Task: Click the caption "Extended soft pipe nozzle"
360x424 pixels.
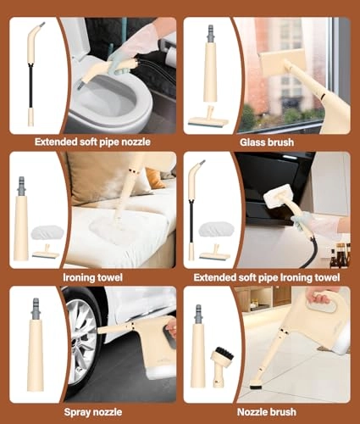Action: (92, 142)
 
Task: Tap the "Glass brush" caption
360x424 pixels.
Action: (267, 142)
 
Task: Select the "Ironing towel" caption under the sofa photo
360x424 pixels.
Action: (93, 277)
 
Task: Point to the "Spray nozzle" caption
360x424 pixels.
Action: (93, 412)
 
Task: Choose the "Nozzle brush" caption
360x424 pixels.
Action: (267, 412)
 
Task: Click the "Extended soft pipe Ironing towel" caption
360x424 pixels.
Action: (267, 277)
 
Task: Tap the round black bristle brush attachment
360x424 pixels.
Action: (221, 354)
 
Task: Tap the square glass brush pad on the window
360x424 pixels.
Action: (283, 62)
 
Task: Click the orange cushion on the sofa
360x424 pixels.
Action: (154, 178)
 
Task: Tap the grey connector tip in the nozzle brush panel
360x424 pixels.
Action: (198, 315)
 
